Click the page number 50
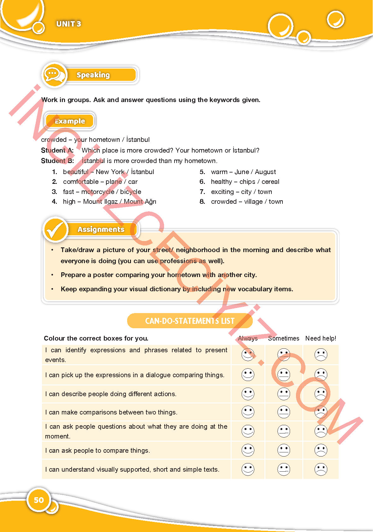(x=38, y=500)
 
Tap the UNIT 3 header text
(x=68, y=24)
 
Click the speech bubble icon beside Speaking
(x=54, y=75)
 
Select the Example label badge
(x=70, y=121)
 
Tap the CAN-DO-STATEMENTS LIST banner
(x=190, y=321)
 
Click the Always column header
(x=248, y=338)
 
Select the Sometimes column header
(x=283, y=338)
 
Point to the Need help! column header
(x=321, y=338)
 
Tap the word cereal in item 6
(x=270, y=182)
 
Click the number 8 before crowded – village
(x=202, y=202)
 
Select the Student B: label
(x=57, y=161)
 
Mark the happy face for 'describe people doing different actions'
(x=248, y=394)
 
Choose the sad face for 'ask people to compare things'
(x=321, y=450)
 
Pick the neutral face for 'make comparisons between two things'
(x=284, y=412)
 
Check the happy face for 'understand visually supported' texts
(x=248, y=469)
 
